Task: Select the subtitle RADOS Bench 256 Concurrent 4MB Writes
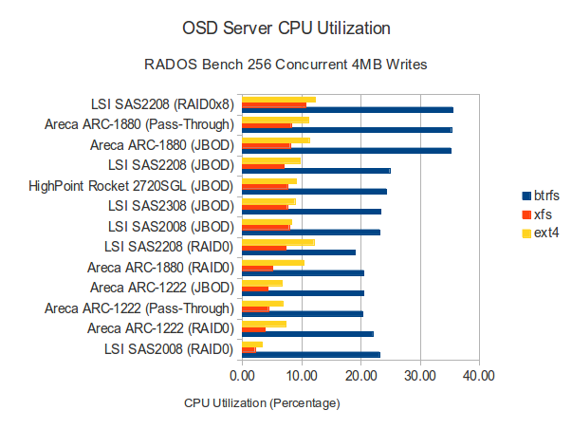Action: [x=286, y=65]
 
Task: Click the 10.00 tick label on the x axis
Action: [x=302, y=376]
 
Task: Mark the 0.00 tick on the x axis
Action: [x=243, y=376]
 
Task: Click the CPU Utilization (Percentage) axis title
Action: [x=262, y=402]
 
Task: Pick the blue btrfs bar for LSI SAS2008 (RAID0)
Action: [x=311, y=354]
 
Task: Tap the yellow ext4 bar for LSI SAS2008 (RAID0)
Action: [x=252, y=344]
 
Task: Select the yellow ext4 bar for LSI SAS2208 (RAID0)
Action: [x=278, y=242]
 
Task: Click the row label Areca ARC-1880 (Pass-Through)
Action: [x=138, y=123]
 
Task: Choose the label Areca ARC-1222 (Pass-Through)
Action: [x=138, y=308]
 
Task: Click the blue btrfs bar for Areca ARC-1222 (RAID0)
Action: [x=307, y=334]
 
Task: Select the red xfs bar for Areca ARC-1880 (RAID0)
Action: [x=257, y=268]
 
